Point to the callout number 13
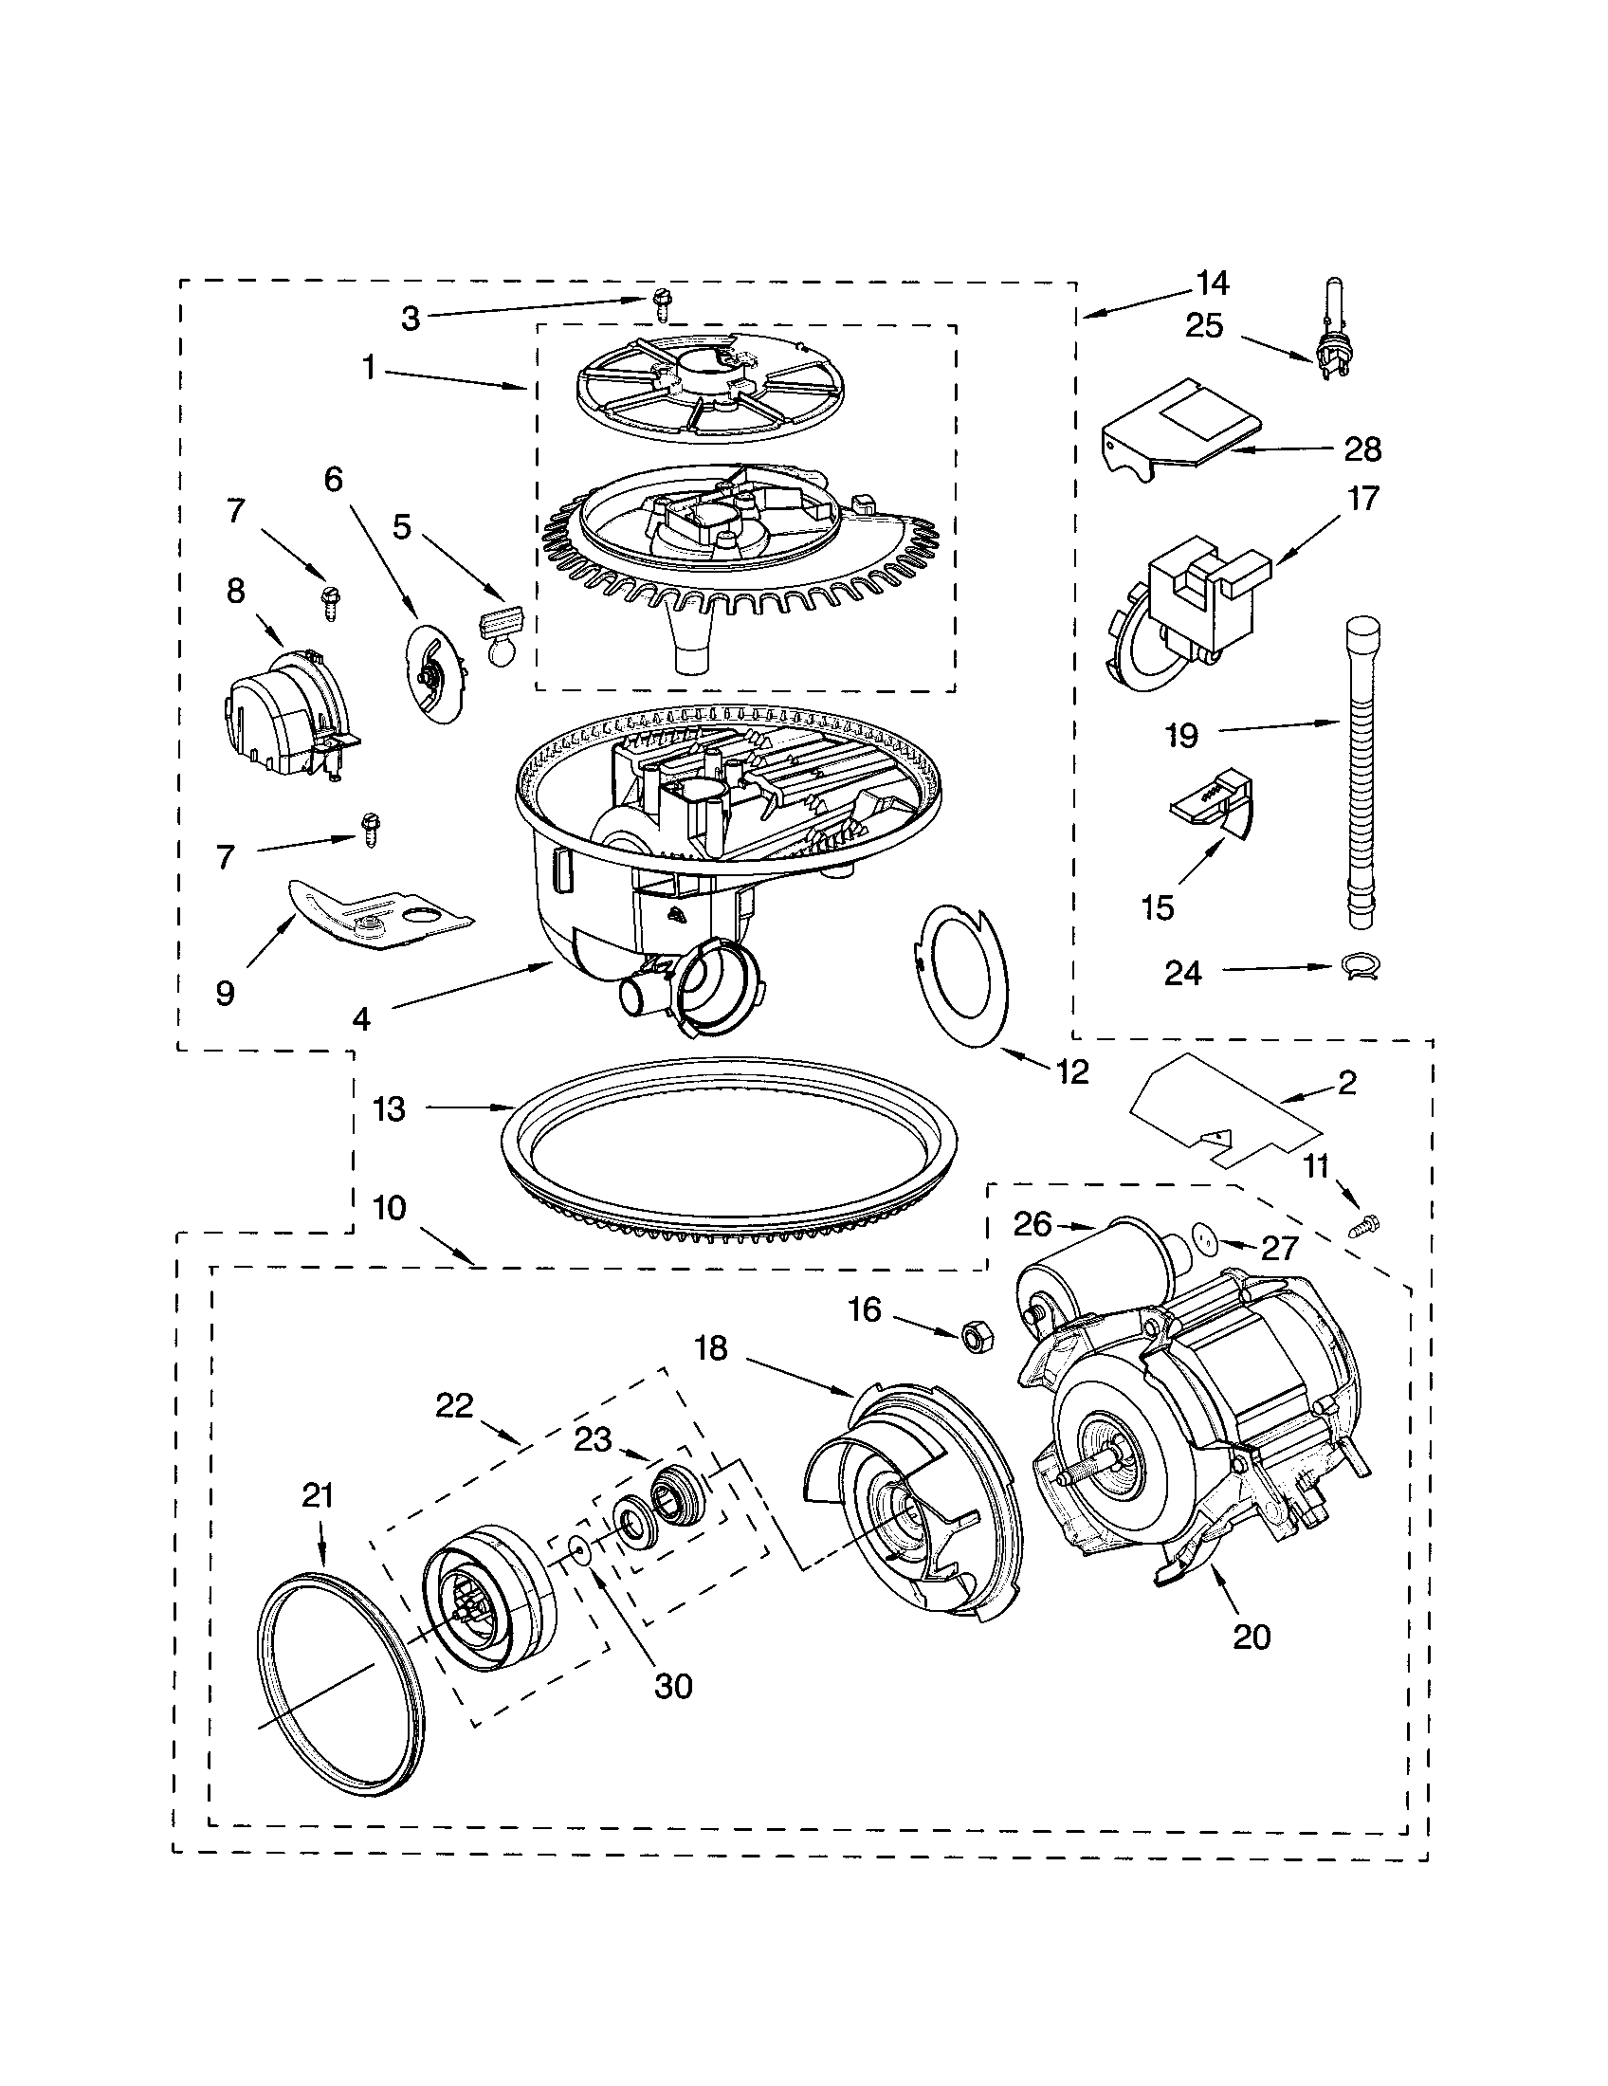390,1109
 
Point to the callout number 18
711,1347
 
